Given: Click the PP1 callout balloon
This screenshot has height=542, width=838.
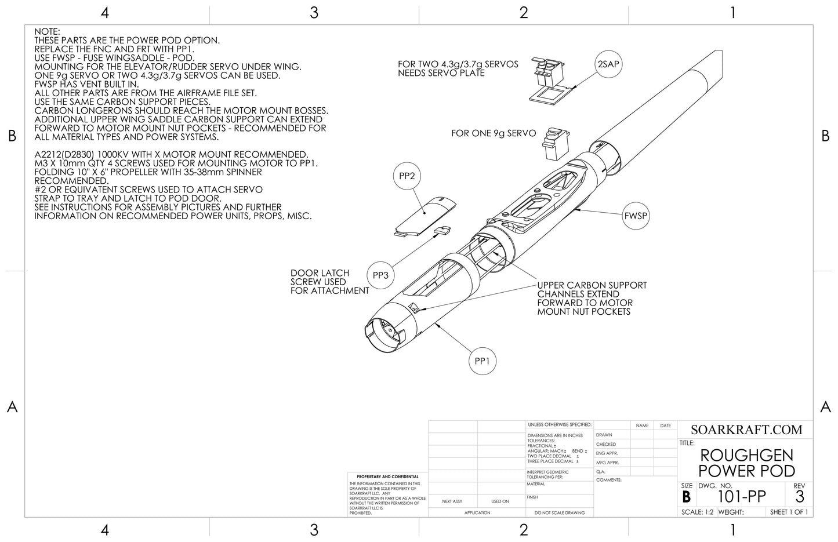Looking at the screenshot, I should pyautogui.click(x=483, y=361).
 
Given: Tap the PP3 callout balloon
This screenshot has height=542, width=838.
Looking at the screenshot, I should pyautogui.click(x=380, y=275).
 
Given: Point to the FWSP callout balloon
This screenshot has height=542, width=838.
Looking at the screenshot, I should pyautogui.click(x=635, y=216).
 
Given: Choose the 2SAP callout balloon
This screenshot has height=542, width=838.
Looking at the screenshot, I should pyautogui.click(x=608, y=64).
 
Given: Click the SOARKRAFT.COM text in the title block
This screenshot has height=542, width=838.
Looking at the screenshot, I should pyautogui.click(x=746, y=430).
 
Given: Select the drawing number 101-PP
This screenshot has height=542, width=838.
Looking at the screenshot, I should pyautogui.click(x=742, y=497).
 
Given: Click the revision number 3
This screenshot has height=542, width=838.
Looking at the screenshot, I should pyautogui.click(x=800, y=497).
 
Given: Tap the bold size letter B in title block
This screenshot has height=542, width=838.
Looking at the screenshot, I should pyautogui.click(x=687, y=497).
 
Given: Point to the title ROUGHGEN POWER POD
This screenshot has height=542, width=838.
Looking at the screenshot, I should pyautogui.click(x=746, y=463).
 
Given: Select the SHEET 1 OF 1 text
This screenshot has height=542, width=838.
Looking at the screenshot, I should pyautogui.click(x=789, y=512).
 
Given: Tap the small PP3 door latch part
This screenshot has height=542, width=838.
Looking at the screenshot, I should pyautogui.click(x=444, y=231).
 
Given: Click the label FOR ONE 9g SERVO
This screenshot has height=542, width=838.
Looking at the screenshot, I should pyautogui.click(x=494, y=133).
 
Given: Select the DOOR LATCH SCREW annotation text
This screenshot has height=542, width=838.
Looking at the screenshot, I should pyautogui.click(x=329, y=282).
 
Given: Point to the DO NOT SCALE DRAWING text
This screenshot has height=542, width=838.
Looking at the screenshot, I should pyautogui.click(x=560, y=512).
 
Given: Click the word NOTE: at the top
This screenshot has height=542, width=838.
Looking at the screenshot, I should pyautogui.click(x=48, y=31).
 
